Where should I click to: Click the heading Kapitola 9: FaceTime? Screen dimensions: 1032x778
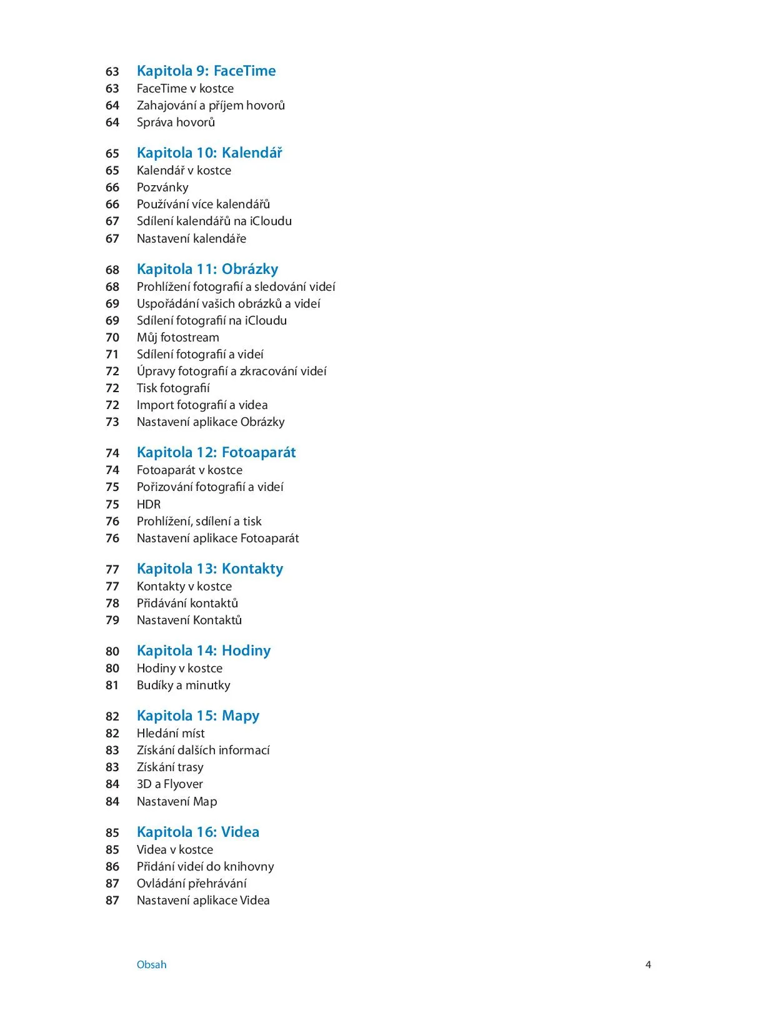point(206,71)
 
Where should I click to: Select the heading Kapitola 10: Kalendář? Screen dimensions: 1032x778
point(209,153)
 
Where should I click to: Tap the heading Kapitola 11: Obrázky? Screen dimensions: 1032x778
point(207,269)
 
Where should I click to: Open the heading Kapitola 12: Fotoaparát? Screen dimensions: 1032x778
point(216,452)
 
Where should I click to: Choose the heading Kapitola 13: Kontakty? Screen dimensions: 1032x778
point(210,569)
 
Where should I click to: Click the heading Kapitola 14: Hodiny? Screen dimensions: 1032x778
point(204,650)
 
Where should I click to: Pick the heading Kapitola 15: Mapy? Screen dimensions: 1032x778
point(198,716)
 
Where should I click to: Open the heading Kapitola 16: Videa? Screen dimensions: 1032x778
point(198,832)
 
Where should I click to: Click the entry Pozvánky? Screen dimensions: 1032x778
point(162,187)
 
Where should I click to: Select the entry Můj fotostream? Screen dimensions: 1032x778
point(178,337)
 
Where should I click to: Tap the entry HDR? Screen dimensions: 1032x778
point(149,504)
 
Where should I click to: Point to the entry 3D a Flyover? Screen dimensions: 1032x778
point(170,784)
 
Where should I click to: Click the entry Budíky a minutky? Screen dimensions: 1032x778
point(184,685)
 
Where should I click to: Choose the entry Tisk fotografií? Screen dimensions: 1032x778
point(173,388)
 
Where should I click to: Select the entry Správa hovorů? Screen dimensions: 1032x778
point(176,122)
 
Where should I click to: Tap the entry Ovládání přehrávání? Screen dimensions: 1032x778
point(192,883)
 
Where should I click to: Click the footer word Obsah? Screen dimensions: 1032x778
point(152,964)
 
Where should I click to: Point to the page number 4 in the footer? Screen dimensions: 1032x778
point(648,964)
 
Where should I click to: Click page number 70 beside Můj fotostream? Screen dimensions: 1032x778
point(112,338)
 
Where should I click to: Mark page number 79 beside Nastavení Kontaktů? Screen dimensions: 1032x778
point(112,620)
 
